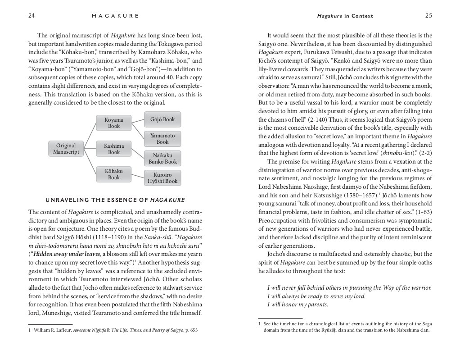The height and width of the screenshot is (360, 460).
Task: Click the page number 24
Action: pos(32,15)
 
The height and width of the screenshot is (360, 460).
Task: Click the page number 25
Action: pos(428,15)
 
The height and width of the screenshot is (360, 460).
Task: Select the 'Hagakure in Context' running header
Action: pos(345,16)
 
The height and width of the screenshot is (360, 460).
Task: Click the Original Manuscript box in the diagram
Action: pos(66,149)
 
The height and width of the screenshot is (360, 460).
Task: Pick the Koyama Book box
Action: pos(114,123)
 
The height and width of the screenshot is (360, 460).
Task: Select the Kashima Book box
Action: pos(114,149)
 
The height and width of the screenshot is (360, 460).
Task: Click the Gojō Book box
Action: pos(162,119)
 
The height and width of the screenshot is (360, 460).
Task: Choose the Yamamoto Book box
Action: pos(162,139)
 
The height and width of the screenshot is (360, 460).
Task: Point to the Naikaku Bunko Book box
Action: pos(162,158)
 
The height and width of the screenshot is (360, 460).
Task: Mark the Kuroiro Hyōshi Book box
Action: pos(162,178)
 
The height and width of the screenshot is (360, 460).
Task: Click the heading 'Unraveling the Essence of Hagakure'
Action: pos(115,200)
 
